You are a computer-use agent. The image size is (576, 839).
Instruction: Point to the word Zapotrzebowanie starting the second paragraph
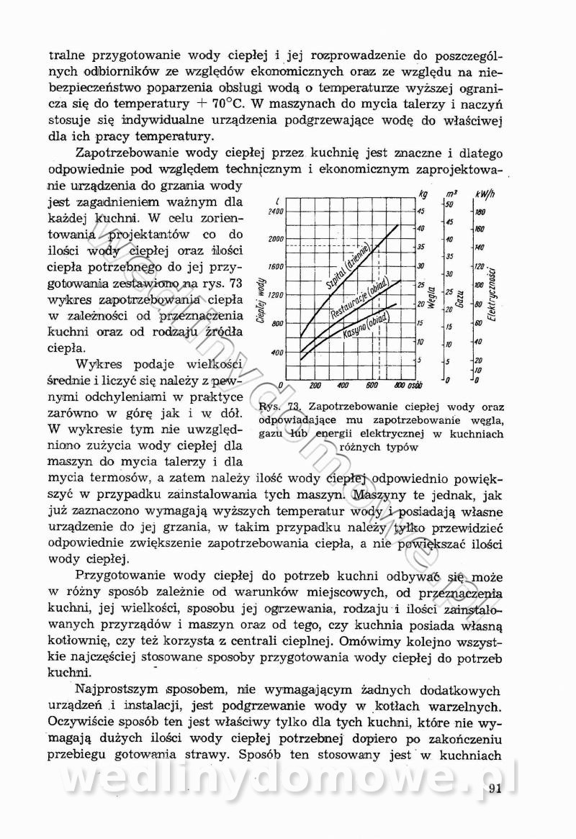coord(132,153)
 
